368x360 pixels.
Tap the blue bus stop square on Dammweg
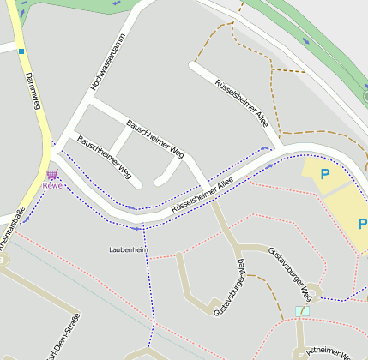click(21, 51)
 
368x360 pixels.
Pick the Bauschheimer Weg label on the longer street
click(155, 139)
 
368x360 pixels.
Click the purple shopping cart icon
click(52, 175)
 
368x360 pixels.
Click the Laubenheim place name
click(129, 249)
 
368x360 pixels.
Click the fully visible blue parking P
click(325, 174)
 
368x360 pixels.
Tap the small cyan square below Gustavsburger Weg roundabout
click(299, 311)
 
